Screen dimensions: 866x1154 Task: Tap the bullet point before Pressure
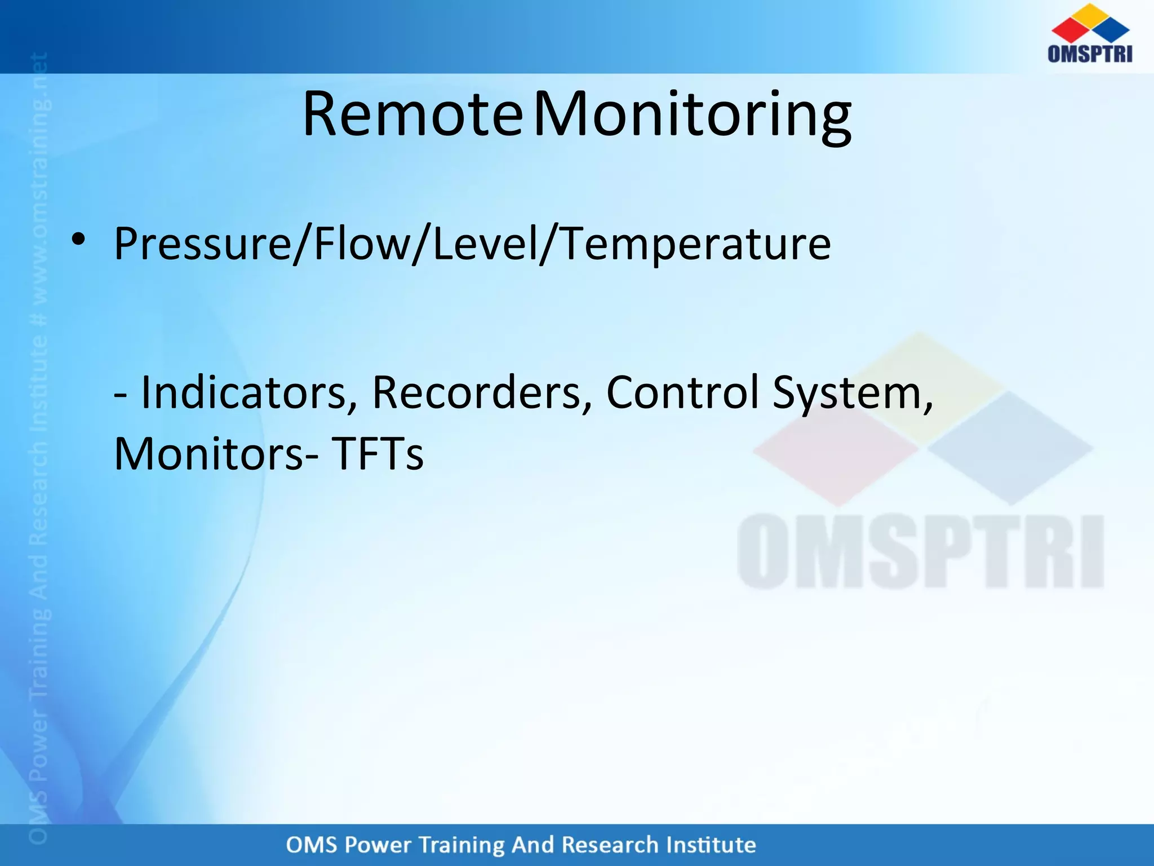[x=78, y=240]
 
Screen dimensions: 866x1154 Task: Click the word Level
[x=484, y=244]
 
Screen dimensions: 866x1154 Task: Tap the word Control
[x=682, y=392]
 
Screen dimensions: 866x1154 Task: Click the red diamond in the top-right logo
[x=1069, y=30]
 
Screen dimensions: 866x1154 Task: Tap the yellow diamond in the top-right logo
[x=1090, y=15]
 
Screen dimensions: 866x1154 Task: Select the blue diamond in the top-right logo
[x=1111, y=30]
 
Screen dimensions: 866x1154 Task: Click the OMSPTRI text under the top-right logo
[x=1090, y=54]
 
